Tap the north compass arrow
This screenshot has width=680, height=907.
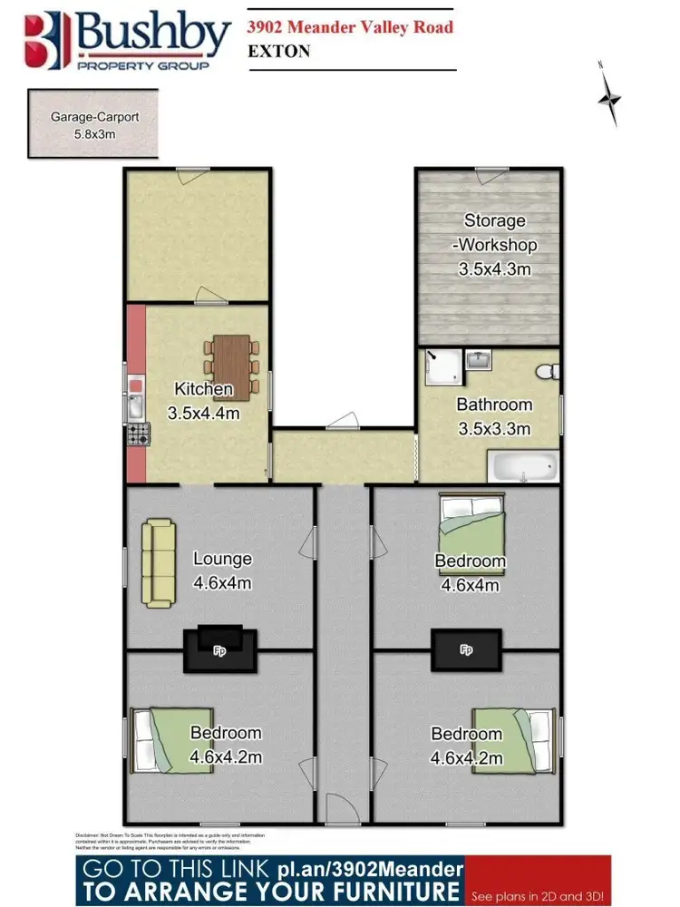(610, 96)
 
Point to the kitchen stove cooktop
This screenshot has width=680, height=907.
(138, 434)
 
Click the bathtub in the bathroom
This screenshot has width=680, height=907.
(521, 468)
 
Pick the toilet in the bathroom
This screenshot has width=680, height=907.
(548, 372)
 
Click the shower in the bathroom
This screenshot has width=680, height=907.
(442, 370)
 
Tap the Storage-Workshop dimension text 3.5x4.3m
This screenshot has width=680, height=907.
(494, 268)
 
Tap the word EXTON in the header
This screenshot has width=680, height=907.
(279, 51)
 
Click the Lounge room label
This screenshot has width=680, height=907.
(222, 559)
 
